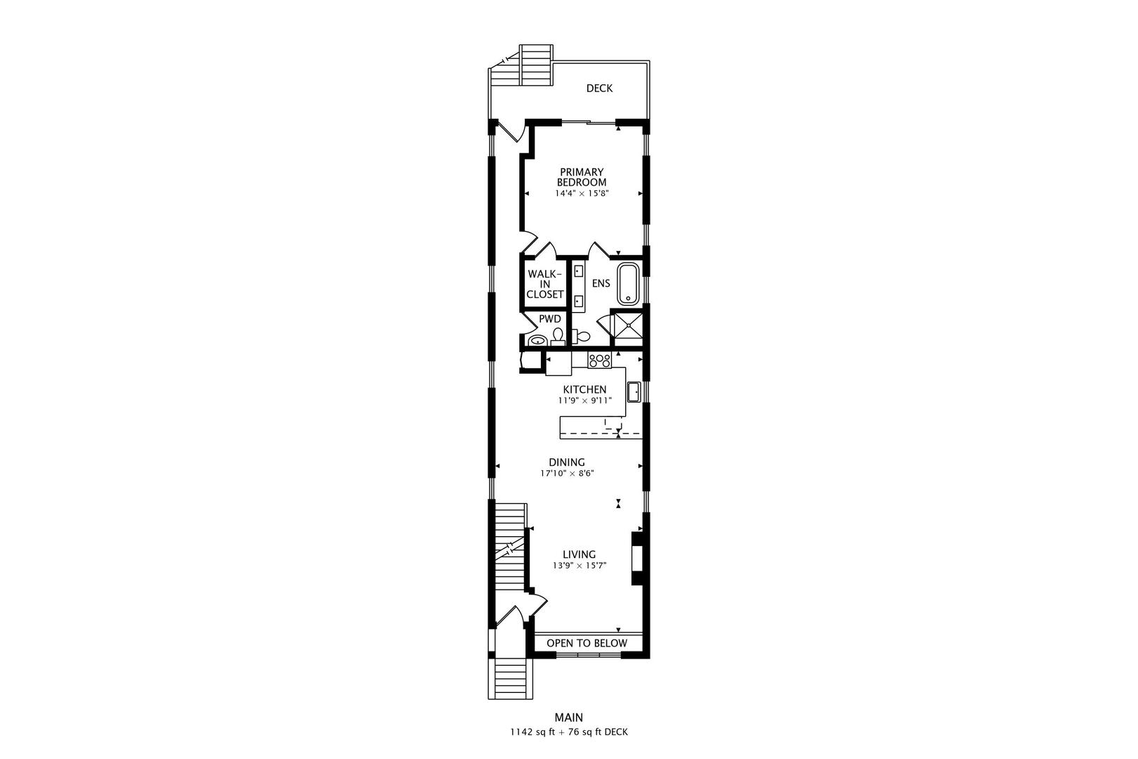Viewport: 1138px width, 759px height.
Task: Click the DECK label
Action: point(599,89)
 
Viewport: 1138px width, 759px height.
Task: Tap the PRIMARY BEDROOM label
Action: point(582,177)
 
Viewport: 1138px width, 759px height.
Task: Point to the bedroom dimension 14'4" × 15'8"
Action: point(582,194)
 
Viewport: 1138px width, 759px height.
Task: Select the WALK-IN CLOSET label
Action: point(544,284)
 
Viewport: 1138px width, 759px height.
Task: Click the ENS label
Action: point(601,283)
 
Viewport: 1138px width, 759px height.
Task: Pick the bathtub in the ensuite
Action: point(628,284)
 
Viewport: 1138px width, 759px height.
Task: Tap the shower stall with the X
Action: point(629,328)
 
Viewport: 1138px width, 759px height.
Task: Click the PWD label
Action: point(550,319)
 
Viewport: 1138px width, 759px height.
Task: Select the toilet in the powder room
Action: point(558,337)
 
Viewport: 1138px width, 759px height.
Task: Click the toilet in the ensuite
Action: point(582,336)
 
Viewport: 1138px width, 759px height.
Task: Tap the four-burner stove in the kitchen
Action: point(599,360)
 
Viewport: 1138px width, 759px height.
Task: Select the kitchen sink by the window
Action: point(634,392)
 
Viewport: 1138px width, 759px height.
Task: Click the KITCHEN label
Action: point(584,389)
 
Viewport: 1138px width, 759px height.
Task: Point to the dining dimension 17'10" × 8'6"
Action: point(567,473)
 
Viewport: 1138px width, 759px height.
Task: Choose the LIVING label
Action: point(579,554)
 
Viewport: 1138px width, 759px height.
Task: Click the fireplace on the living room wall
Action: point(638,558)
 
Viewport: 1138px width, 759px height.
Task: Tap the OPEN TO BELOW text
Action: point(587,643)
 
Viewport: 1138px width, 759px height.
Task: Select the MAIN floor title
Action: point(568,718)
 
